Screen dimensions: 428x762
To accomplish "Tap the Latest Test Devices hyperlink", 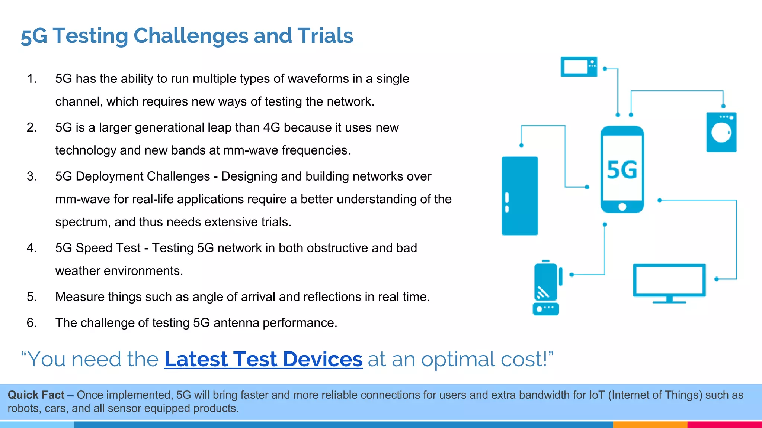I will (263, 359).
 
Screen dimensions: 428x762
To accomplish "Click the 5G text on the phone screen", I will (622, 170).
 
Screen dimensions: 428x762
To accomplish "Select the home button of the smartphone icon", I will (622, 207).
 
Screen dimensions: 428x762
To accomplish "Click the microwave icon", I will (579, 67).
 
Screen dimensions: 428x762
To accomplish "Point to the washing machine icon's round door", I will (721, 132).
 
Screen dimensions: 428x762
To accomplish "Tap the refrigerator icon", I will (519, 196).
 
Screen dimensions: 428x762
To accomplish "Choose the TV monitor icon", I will (669, 281).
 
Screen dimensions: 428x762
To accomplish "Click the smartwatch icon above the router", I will (546, 282).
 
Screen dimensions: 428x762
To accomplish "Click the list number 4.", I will (32, 248).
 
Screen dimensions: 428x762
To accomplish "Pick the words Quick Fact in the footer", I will (36, 395).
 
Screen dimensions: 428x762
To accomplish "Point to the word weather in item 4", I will (78, 271).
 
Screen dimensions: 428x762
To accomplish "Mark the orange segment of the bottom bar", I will (650, 425).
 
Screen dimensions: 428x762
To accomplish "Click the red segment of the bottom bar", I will (724, 425).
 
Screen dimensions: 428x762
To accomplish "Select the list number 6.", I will (32, 323).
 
